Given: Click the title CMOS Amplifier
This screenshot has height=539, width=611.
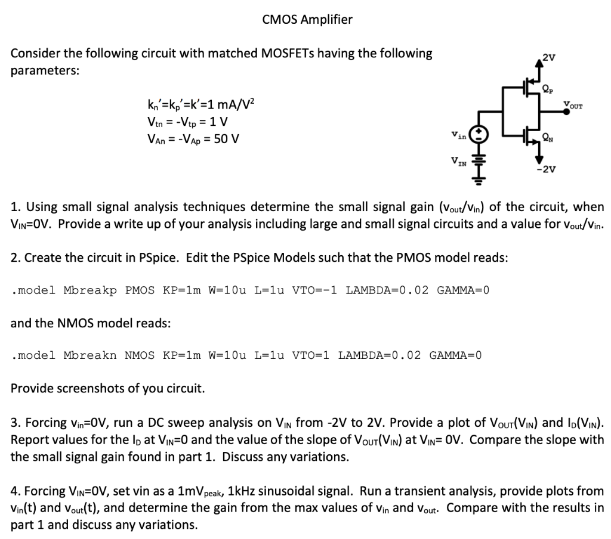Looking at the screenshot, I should point(307,20).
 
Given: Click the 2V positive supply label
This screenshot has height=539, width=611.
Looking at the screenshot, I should point(548,58).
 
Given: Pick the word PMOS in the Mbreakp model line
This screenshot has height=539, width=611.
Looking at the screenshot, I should point(141,290).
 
